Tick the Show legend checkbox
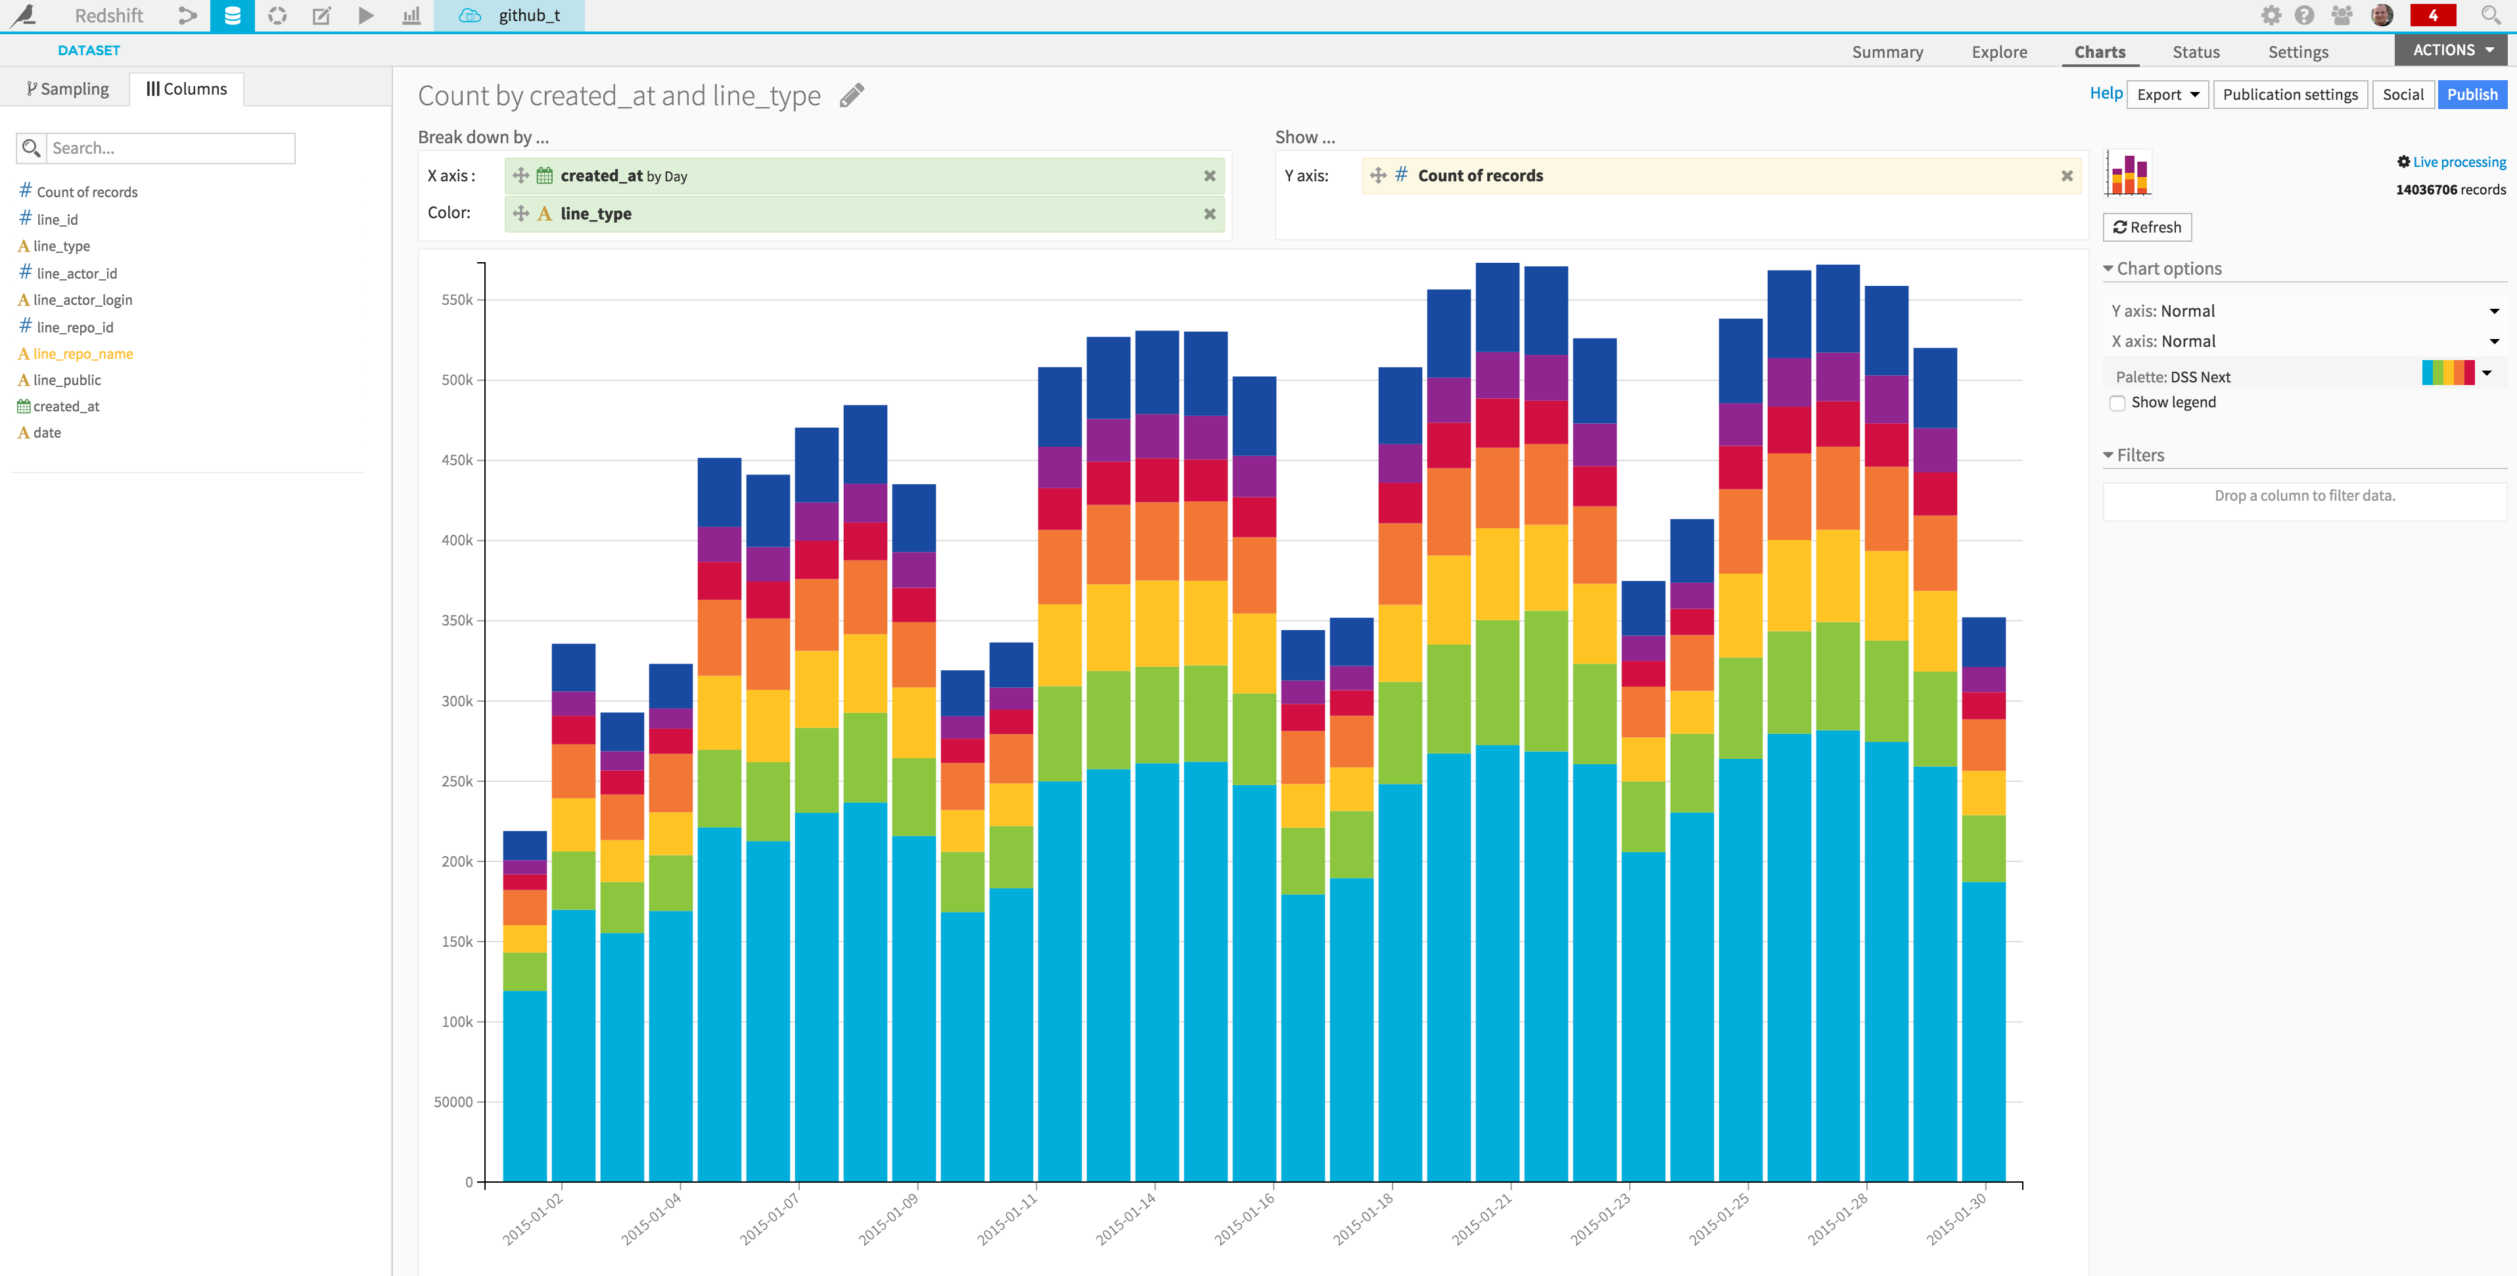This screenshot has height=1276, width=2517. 2117,403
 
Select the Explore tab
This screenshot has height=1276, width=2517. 1998,52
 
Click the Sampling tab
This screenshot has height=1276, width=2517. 68,89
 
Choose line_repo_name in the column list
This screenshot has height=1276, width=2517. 82,353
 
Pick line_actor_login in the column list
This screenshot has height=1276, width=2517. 82,300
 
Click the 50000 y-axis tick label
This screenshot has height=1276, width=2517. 453,1102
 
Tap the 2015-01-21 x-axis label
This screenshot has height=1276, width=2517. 1481,1218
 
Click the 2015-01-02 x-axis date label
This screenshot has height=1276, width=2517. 532,1218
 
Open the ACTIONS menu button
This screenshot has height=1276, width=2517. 2451,50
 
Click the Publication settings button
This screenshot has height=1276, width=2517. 2290,95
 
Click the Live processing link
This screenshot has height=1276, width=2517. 2459,162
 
